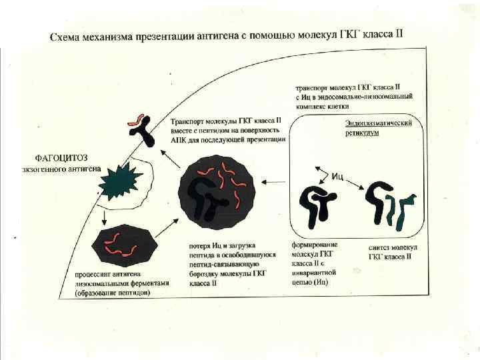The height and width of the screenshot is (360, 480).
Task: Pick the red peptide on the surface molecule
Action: (x=135, y=121)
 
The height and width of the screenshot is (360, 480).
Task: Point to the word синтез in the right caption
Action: (x=381, y=248)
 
